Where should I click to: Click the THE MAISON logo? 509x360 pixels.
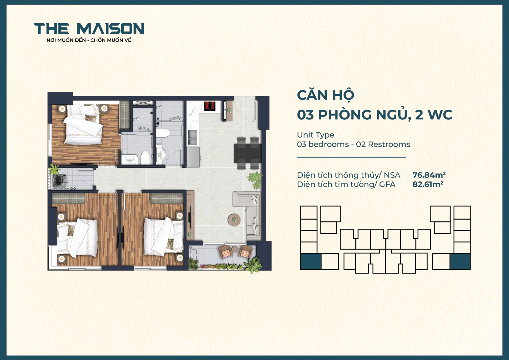click(x=89, y=29)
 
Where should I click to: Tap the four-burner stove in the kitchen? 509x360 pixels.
click(x=210, y=106)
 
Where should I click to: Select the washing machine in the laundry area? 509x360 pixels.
click(x=59, y=181)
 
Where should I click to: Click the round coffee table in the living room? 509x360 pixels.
click(x=234, y=220)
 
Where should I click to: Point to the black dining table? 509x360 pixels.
click(x=248, y=153)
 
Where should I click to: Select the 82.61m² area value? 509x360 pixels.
click(x=428, y=184)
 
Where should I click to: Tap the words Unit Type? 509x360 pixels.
click(x=315, y=135)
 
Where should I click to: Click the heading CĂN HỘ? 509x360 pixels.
click(x=325, y=95)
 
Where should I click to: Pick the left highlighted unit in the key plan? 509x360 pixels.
click(x=310, y=262)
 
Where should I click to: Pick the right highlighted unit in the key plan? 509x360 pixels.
click(x=460, y=262)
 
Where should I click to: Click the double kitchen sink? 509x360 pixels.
click(x=192, y=138)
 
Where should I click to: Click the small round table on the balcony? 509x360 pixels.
click(x=235, y=249)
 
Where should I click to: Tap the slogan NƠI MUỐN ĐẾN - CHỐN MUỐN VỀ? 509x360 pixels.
click(x=89, y=40)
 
